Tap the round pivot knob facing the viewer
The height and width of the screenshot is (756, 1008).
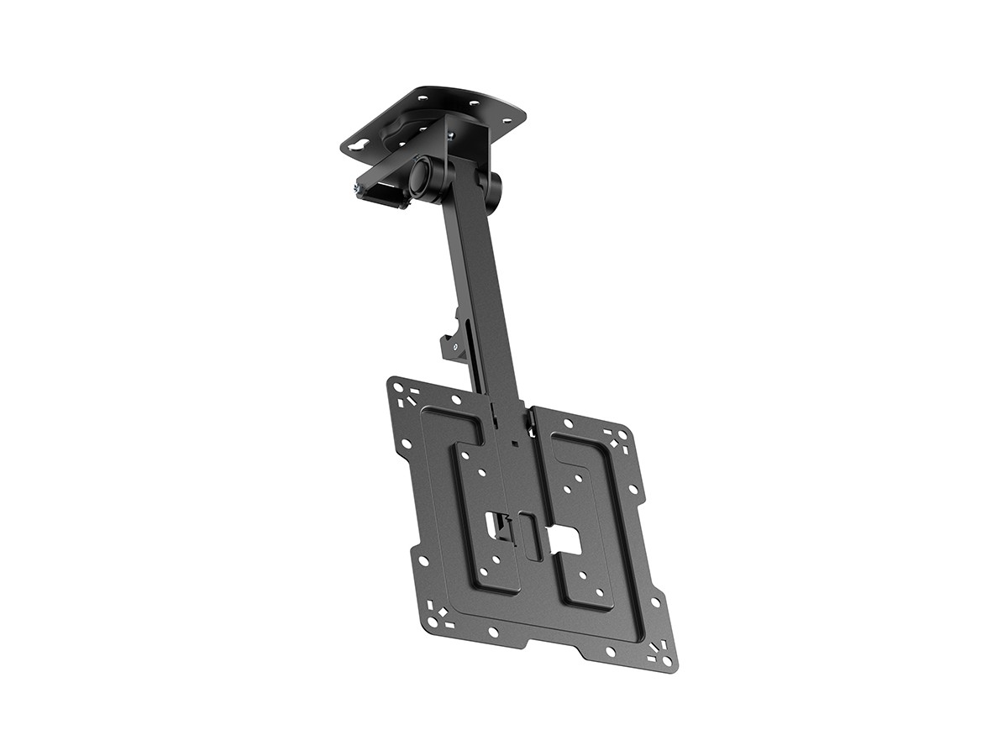click(x=422, y=175)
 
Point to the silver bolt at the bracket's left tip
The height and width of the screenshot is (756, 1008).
click(x=360, y=192)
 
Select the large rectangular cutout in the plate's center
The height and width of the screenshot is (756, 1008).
click(x=565, y=542)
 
